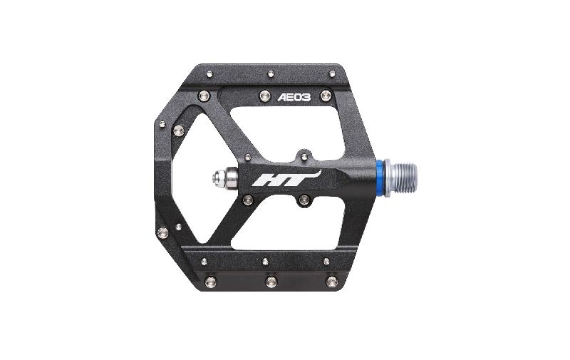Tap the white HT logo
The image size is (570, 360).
286,178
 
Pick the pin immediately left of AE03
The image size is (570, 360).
265,96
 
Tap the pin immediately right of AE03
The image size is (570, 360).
326,96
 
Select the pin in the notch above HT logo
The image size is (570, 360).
304,156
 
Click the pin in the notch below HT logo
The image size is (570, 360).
304,200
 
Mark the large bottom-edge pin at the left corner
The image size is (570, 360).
210,281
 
